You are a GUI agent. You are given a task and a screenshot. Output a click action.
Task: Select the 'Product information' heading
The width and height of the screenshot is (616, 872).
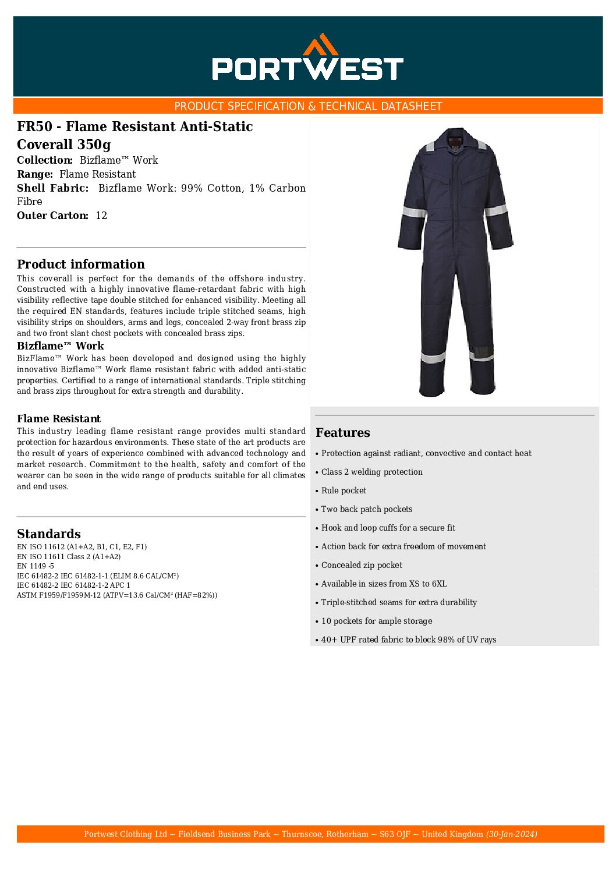[x=81, y=264]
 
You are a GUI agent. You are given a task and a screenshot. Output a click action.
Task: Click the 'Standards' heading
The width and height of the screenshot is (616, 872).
[x=49, y=534]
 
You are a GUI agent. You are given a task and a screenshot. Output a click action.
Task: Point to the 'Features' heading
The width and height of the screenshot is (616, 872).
[x=343, y=433]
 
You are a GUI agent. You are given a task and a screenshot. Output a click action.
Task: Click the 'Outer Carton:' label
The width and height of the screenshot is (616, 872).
[x=52, y=216]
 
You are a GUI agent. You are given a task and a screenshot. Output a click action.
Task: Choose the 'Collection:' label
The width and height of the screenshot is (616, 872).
[x=45, y=160]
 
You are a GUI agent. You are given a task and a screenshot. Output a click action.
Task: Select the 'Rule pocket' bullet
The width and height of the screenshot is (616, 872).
[x=344, y=490]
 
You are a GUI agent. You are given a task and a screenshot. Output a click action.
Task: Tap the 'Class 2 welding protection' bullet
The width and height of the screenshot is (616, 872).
[x=371, y=472]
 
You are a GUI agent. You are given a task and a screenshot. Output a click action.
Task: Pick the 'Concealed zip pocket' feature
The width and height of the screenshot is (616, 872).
[x=362, y=565]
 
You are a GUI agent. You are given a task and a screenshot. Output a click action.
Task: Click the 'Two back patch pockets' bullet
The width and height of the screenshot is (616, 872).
[x=367, y=509]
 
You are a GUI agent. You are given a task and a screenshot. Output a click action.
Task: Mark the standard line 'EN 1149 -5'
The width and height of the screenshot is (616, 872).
[x=36, y=566]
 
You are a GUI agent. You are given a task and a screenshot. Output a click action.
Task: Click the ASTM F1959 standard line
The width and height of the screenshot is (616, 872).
[x=116, y=595]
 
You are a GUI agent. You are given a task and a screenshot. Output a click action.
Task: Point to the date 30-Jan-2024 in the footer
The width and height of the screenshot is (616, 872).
[x=511, y=834]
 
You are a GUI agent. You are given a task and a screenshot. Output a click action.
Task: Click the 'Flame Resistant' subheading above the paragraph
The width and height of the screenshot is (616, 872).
[x=59, y=419]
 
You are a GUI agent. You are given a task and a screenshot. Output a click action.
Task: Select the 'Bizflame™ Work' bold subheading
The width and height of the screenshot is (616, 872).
[x=61, y=346]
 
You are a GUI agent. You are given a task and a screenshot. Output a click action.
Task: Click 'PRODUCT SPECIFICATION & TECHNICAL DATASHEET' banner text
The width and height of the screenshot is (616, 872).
[x=308, y=106]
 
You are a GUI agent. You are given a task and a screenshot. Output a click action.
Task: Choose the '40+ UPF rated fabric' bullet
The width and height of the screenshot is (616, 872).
[x=408, y=640]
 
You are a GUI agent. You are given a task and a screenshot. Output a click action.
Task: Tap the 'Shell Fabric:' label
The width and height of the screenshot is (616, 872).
[x=53, y=188]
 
